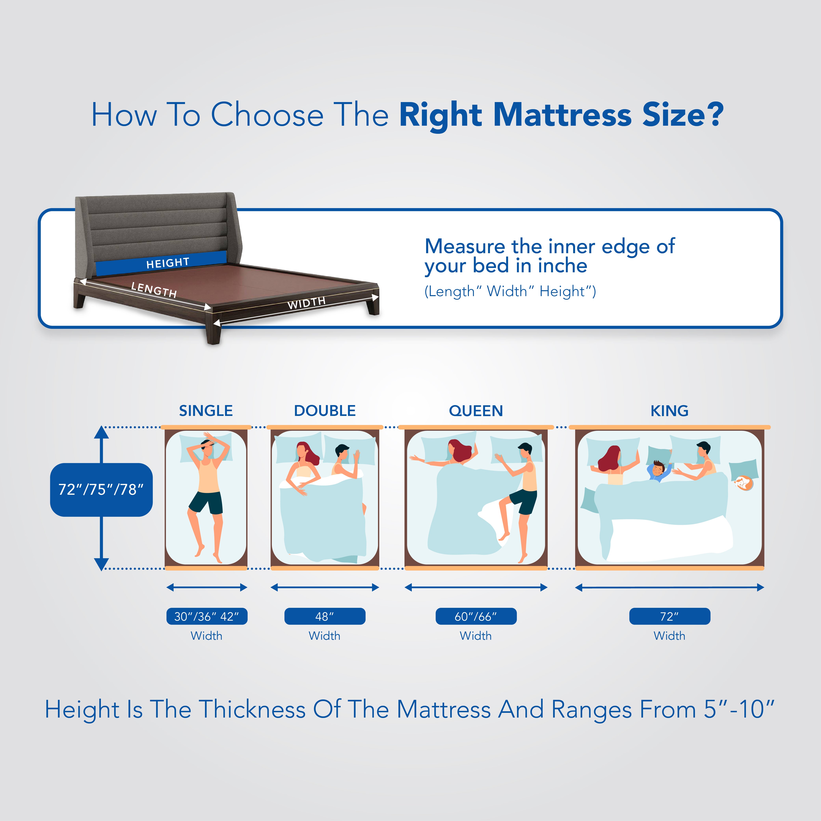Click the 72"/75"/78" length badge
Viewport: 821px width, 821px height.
tap(101, 490)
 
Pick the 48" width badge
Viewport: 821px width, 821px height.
tap(325, 616)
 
